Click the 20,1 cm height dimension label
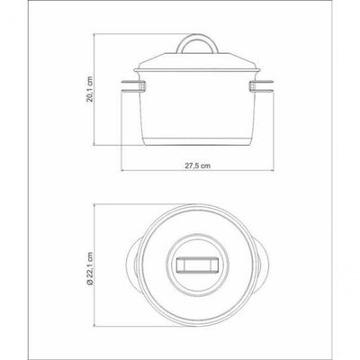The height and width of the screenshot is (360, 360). (90, 89)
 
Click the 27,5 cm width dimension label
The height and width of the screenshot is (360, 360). (197, 166)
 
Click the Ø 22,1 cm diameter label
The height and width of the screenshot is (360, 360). (90, 268)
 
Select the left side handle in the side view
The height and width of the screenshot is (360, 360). (133, 85)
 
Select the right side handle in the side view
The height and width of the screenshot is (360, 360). (261, 85)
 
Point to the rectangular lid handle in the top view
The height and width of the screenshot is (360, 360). (197, 265)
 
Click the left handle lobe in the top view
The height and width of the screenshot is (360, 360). (132, 265)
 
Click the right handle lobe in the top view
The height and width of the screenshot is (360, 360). (262, 265)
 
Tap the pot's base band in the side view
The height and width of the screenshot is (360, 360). (197, 141)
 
